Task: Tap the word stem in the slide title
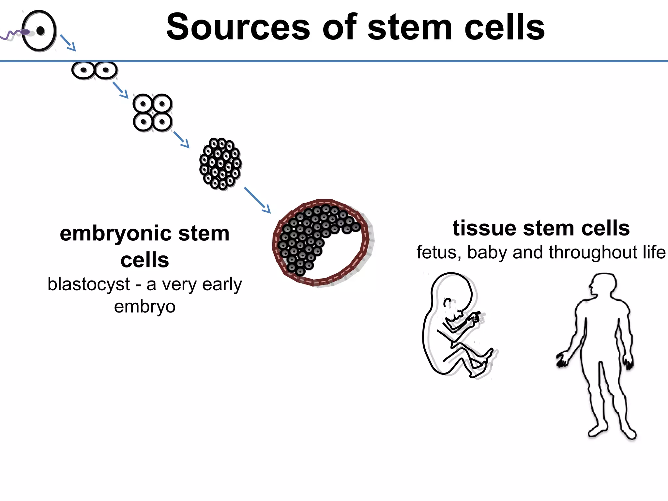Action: (410, 27)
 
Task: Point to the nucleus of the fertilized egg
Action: (40, 31)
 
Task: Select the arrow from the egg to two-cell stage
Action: (68, 43)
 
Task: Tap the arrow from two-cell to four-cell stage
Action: (120, 90)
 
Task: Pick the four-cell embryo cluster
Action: (152, 113)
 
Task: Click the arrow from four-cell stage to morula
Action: (181, 140)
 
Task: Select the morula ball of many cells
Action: (220, 164)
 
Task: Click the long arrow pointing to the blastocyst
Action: (257, 200)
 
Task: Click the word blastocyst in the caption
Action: (89, 284)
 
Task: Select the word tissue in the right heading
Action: (485, 228)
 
